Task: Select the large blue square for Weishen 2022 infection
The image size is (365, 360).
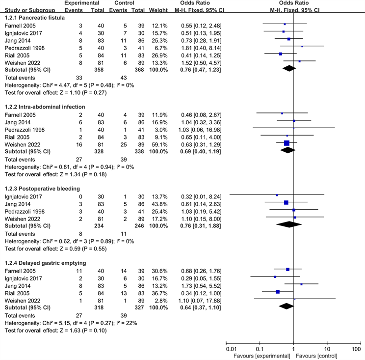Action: click(287, 143)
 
